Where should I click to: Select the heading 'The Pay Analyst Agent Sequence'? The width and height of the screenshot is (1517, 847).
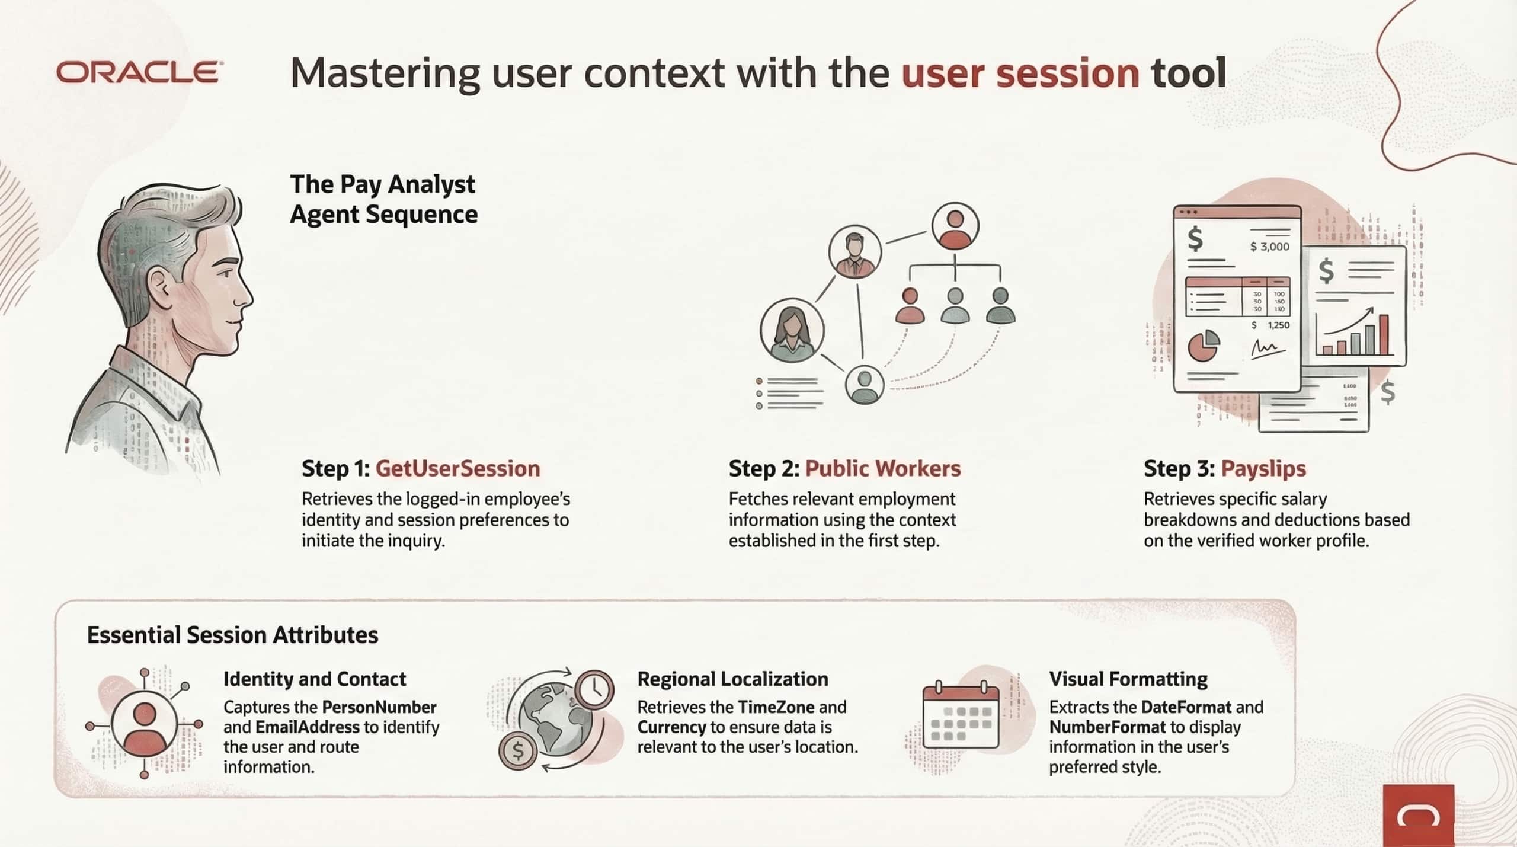383,199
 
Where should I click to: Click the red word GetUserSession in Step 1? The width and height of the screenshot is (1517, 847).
457,469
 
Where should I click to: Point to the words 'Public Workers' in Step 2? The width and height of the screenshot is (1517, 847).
883,469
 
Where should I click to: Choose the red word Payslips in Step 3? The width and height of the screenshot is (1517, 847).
1263,469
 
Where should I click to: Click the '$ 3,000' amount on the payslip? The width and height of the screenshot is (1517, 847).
1269,247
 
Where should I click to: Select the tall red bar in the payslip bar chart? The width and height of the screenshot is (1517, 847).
1384,334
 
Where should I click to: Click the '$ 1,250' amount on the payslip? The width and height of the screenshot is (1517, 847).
1270,325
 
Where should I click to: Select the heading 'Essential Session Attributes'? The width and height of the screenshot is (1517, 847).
232,635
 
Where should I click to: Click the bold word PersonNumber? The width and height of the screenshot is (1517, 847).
379,707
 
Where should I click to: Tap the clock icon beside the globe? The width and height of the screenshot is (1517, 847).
594,689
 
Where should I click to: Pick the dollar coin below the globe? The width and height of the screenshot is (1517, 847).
517,751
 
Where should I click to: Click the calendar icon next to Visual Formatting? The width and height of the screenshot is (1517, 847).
961,717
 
